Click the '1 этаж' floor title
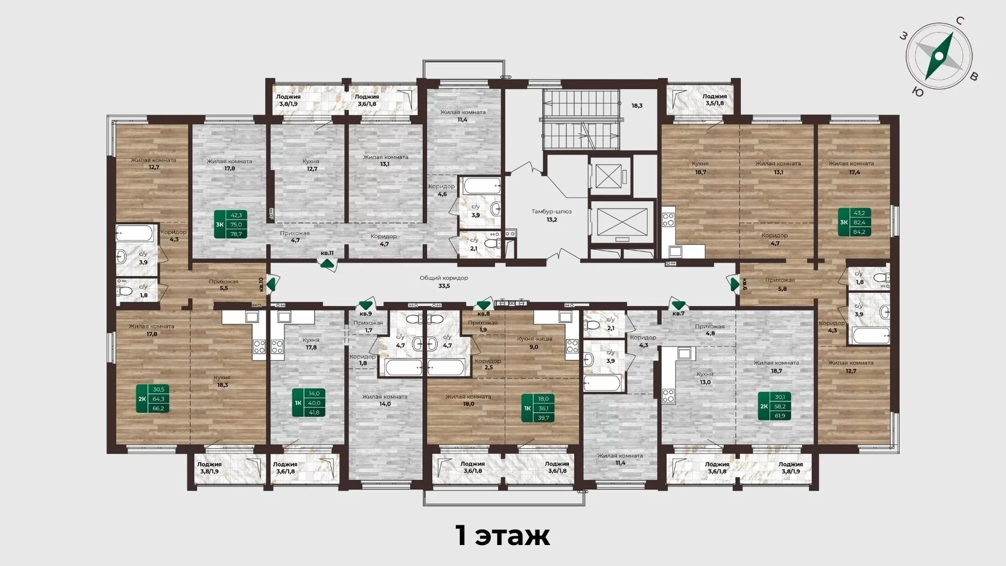click(x=502, y=535)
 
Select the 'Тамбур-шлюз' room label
click(x=552, y=211)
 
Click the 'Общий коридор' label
click(x=444, y=278)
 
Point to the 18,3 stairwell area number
click(x=637, y=106)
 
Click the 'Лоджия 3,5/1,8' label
click(x=714, y=99)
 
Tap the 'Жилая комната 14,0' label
click(x=385, y=400)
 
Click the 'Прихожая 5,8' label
click(x=780, y=284)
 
